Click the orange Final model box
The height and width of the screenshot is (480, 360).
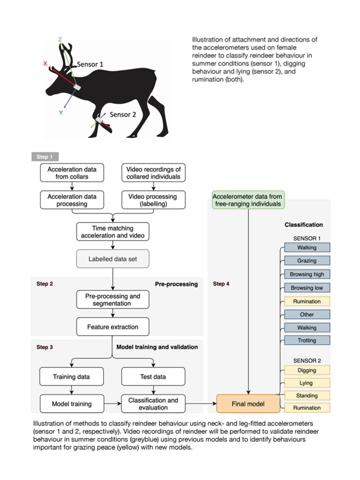(x=248, y=404)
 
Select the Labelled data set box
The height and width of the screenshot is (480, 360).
(x=113, y=259)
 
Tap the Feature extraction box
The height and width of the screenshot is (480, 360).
(x=113, y=327)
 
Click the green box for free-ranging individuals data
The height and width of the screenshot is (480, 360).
(x=248, y=200)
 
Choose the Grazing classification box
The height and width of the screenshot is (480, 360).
(x=307, y=260)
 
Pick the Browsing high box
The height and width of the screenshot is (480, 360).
(x=307, y=274)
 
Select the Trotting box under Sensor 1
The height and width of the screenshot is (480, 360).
(x=307, y=340)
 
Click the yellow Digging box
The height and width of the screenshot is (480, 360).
(x=307, y=370)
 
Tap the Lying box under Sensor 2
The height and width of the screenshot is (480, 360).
(x=307, y=383)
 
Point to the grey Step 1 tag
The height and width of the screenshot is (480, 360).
(x=45, y=157)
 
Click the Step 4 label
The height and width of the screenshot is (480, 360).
(x=221, y=284)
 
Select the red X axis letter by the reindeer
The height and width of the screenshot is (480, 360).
(x=46, y=64)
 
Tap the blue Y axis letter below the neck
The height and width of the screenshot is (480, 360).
(x=61, y=113)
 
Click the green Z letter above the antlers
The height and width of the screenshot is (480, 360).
(x=60, y=40)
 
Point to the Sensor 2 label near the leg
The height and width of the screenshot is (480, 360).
(x=123, y=115)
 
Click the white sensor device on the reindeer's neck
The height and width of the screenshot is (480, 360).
(x=77, y=87)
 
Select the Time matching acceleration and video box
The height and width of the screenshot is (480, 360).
(x=113, y=232)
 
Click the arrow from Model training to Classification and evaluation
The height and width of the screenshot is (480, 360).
(x=113, y=404)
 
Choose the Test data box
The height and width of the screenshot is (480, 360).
(x=154, y=377)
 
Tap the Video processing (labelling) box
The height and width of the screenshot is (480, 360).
(x=154, y=200)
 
